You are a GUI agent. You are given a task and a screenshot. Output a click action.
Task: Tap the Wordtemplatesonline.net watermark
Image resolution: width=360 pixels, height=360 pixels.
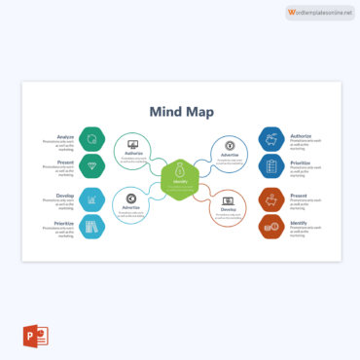click(319, 12)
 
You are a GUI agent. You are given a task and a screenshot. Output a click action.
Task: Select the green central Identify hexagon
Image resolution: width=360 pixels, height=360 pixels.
click(180, 176)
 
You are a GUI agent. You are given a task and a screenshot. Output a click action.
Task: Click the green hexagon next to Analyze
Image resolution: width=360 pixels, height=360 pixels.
click(91, 138)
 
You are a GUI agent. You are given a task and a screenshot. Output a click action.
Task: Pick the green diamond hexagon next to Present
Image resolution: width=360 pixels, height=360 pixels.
click(91, 164)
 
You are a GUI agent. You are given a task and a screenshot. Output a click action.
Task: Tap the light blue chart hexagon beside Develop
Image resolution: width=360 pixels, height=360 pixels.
click(91, 199)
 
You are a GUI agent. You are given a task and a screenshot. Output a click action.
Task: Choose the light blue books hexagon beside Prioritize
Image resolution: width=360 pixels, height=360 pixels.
click(91, 227)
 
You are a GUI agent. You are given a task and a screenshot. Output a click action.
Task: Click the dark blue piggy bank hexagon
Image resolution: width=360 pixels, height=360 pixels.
click(270, 138)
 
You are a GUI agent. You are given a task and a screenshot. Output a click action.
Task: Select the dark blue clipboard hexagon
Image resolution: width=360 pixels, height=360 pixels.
click(270, 165)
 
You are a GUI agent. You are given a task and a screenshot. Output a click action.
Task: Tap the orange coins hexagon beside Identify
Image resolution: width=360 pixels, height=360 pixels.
click(270, 227)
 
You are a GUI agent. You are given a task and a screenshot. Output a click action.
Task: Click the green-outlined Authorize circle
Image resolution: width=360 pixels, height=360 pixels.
click(133, 149)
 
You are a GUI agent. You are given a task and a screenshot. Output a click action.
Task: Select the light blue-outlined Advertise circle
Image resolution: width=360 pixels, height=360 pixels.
click(132, 202)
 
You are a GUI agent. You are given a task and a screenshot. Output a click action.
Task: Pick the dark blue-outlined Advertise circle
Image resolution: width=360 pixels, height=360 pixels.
click(229, 149)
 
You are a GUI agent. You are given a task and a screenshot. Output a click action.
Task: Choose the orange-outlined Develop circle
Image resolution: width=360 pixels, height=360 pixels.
click(228, 202)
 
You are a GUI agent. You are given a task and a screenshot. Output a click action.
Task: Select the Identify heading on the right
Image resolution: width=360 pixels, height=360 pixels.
click(300, 223)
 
